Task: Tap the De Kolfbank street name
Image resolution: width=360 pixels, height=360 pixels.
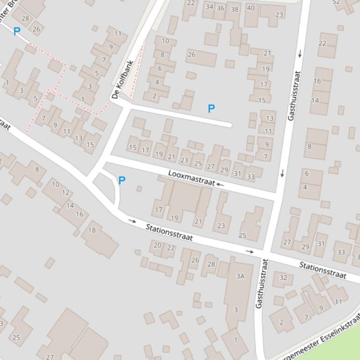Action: point(123,80)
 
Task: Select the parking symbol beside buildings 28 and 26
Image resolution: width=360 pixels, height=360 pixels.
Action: point(17,31)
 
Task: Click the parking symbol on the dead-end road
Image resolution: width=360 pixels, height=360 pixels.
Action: point(211,108)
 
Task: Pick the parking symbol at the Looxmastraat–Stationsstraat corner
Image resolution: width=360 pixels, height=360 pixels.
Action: point(122,180)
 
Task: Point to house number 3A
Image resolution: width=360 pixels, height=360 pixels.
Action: point(240,276)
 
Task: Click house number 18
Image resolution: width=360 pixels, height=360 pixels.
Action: point(92,230)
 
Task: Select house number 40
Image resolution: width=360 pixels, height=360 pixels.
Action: point(251,8)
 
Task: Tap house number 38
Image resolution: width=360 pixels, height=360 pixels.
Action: point(234,9)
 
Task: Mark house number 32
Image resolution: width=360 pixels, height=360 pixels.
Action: point(283,278)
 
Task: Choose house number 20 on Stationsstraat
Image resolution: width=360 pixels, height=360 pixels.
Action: point(157,245)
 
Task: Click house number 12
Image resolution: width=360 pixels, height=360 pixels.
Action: point(66,193)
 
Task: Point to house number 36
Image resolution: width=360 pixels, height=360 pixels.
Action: point(220,8)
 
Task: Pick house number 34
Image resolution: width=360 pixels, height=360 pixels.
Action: point(209,7)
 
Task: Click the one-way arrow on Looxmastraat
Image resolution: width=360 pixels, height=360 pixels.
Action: point(220,185)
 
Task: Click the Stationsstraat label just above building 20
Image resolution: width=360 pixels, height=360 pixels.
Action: point(169,232)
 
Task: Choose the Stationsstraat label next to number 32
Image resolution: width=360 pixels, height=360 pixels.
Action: point(323,271)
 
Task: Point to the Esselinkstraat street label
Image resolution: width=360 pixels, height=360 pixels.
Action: point(323,339)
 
